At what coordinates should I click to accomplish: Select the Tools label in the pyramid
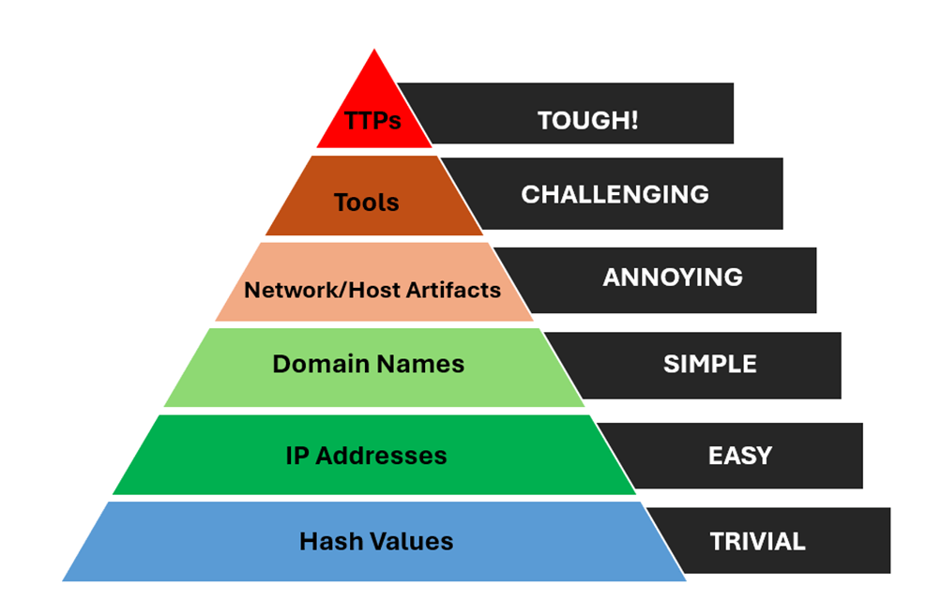tap(367, 203)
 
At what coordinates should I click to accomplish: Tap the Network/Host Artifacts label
tap(372, 290)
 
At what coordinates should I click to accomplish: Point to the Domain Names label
tap(368, 364)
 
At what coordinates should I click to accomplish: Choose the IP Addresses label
tap(366, 457)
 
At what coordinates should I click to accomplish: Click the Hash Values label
tap(376, 541)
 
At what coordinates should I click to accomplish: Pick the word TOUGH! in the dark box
tap(587, 120)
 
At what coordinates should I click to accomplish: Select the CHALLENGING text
tap(615, 194)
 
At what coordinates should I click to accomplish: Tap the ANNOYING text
tap(672, 278)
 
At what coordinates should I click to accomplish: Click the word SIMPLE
tap(709, 365)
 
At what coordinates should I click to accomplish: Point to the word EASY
tap(740, 456)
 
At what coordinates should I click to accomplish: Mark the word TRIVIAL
tap(757, 541)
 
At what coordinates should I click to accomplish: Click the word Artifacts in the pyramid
tap(455, 290)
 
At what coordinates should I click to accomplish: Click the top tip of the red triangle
tap(375, 51)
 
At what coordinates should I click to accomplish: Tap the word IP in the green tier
tap(296, 457)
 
